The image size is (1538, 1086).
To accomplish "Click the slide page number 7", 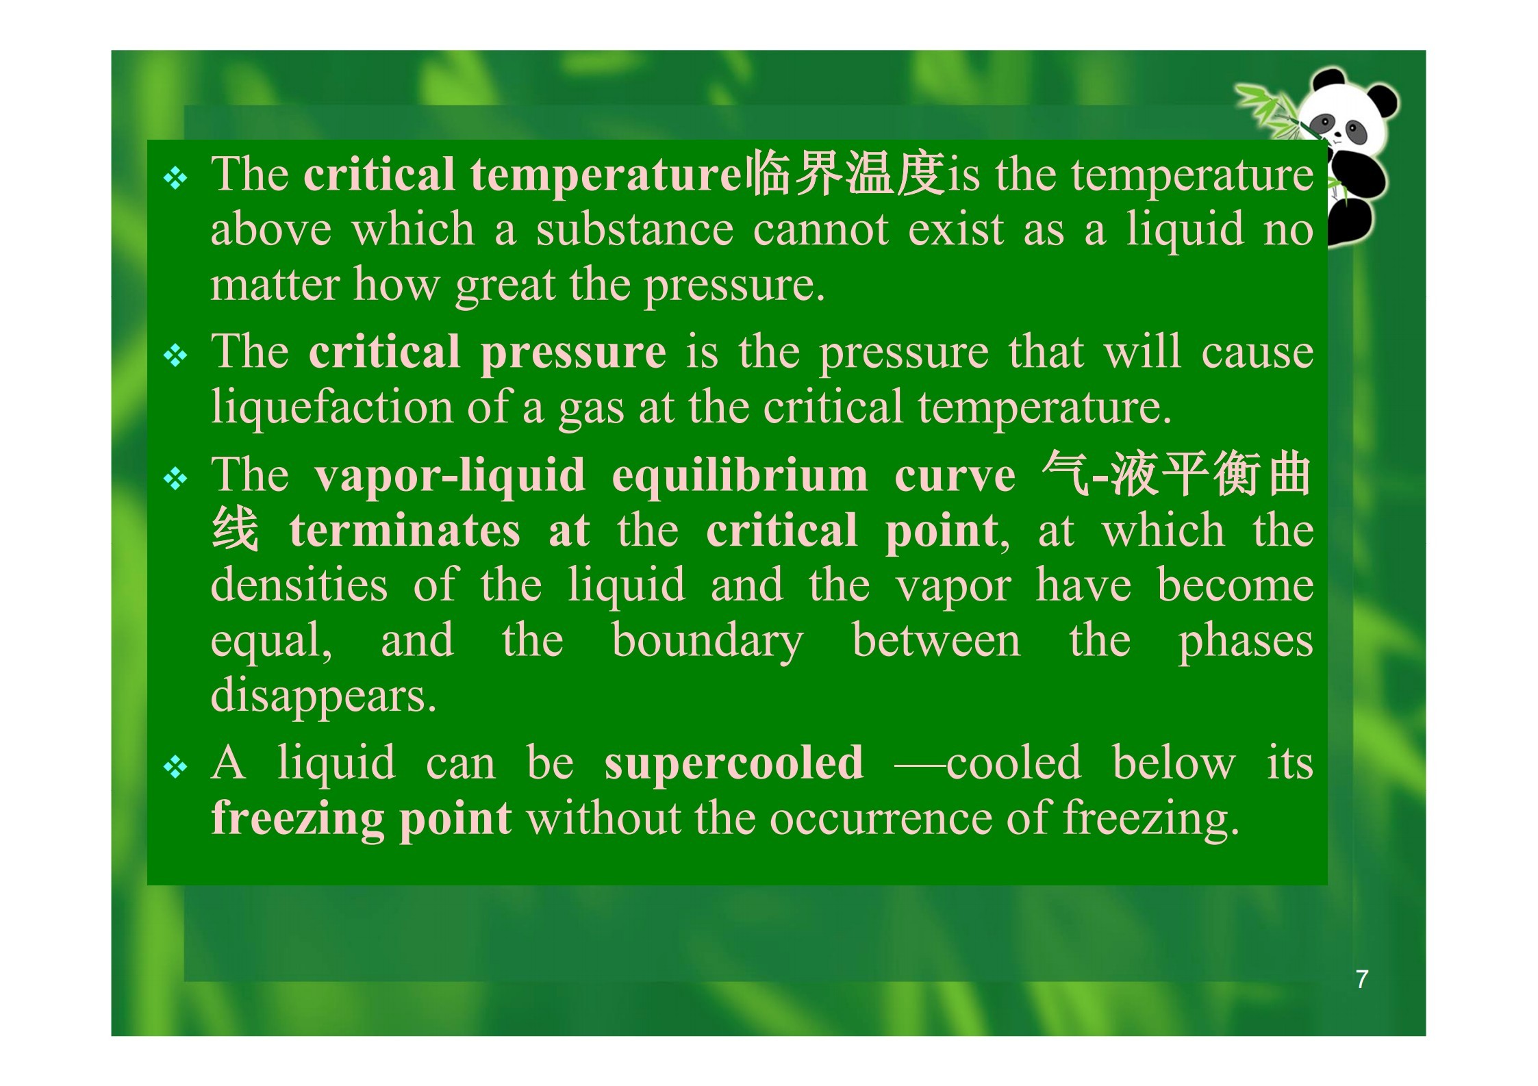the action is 1362,979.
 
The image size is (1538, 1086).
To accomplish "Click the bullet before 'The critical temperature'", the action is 176,179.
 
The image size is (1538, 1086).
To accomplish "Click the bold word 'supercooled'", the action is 733,763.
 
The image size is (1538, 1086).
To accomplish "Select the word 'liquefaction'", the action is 331,407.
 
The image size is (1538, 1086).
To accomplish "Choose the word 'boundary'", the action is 707,641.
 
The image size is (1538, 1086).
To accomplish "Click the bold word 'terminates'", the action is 404,531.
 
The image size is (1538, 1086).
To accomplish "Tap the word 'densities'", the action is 299,585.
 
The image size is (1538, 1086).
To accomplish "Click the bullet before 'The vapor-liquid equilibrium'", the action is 176,479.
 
